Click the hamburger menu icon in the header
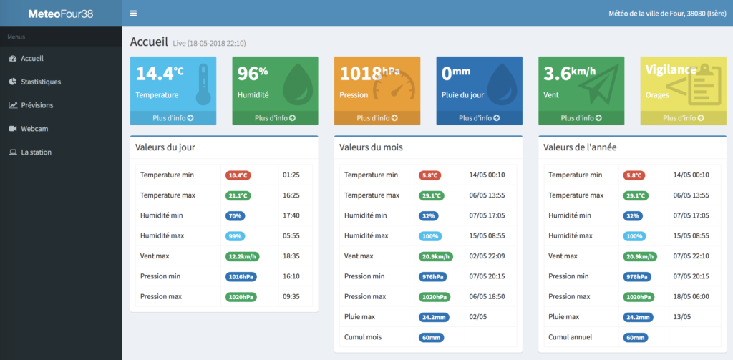click(133, 13)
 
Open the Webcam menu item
click(34, 129)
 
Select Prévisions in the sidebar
click(37, 105)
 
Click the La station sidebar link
click(36, 152)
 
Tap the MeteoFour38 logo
click(61, 14)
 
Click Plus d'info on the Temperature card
click(173, 118)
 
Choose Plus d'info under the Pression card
click(377, 118)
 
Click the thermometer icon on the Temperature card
click(203, 84)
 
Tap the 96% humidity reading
click(253, 74)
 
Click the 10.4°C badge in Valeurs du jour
click(238, 175)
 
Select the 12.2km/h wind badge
click(242, 256)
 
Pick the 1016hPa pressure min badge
click(241, 276)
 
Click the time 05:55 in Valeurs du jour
click(291, 235)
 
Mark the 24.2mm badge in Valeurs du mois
click(434, 317)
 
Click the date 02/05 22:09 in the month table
click(487, 256)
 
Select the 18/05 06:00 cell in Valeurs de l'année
click(691, 296)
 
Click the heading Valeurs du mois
click(372, 147)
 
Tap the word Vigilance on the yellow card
click(671, 69)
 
